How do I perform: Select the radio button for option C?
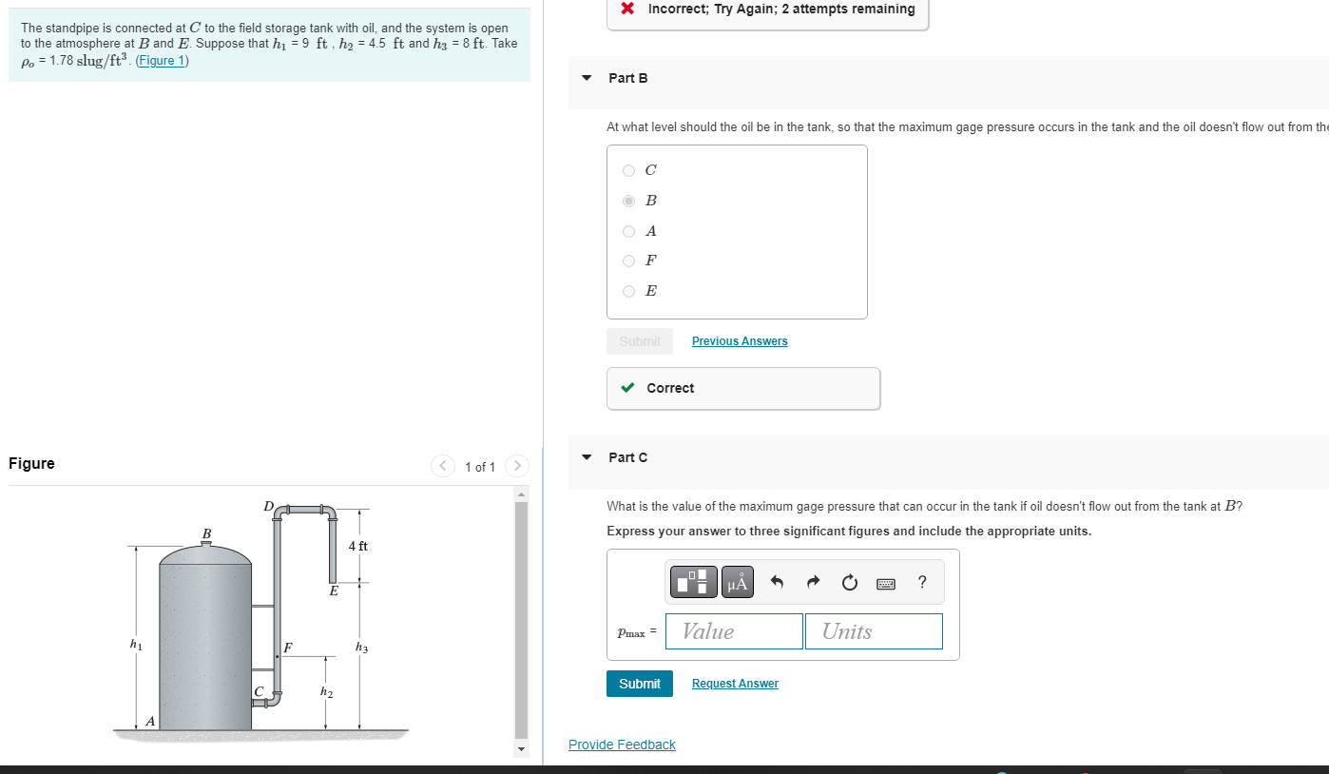point(628,171)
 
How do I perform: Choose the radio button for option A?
point(628,231)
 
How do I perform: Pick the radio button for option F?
point(628,261)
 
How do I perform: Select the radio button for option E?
point(628,291)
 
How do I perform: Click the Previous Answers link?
point(739,341)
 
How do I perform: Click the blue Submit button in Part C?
point(639,684)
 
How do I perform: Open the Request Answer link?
point(734,684)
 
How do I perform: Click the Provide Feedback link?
point(622,745)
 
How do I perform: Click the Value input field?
point(734,631)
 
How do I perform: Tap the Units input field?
point(873,631)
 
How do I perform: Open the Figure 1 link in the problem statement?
point(163,61)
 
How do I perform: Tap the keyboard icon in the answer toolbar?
point(886,582)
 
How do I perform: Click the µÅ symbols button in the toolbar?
point(737,582)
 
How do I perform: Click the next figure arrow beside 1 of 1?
point(516,466)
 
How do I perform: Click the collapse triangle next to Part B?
point(587,78)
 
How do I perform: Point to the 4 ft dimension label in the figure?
point(357,546)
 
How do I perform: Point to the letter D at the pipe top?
point(268,505)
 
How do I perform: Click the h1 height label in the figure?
point(136,645)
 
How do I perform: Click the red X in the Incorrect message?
point(627,10)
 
